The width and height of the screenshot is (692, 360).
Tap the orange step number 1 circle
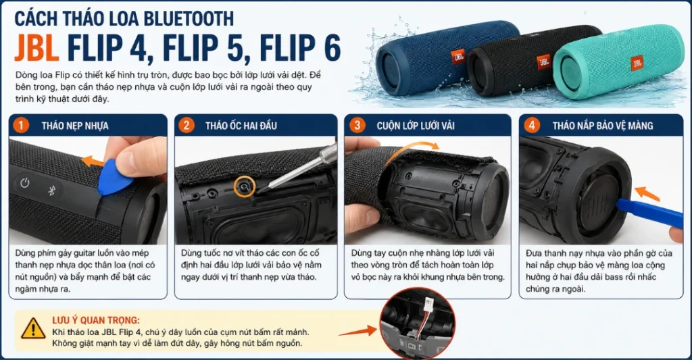pyautogui.click(x=21, y=126)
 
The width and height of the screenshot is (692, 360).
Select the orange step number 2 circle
pyautogui.click(x=187, y=126)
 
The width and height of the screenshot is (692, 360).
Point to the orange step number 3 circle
pyautogui.click(x=357, y=126)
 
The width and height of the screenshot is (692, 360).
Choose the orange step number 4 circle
pyautogui.click(x=531, y=126)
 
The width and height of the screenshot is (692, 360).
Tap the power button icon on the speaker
pyautogui.click(x=25, y=182)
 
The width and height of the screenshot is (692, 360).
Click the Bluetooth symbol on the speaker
pyautogui.click(x=51, y=190)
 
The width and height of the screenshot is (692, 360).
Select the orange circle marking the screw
pyautogui.click(x=245, y=186)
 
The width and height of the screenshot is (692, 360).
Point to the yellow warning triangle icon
pyautogui.click(x=33, y=328)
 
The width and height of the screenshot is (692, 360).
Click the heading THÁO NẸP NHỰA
pyautogui.click(x=75, y=126)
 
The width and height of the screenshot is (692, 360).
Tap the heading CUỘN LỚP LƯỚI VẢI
pyautogui.click(x=416, y=126)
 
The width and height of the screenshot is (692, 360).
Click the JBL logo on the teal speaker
pyautogui.click(x=637, y=63)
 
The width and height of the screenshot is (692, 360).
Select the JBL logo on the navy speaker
pyautogui.click(x=459, y=55)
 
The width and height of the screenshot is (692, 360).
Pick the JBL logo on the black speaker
pyautogui.click(x=543, y=61)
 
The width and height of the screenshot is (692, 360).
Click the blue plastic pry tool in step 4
pyautogui.click(x=649, y=213)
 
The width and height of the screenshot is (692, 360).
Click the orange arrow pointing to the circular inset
pyautogui.click(x=358, y=332)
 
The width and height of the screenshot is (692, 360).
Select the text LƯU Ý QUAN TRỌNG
pyautogui.click(x=96, y=320)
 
